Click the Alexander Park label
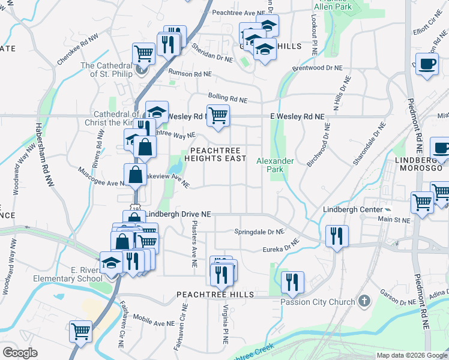275,165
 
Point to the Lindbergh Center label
352,209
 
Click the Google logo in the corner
20,352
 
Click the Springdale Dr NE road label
259,231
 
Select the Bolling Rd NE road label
228,97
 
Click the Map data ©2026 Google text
412,355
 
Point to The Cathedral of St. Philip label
106,70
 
